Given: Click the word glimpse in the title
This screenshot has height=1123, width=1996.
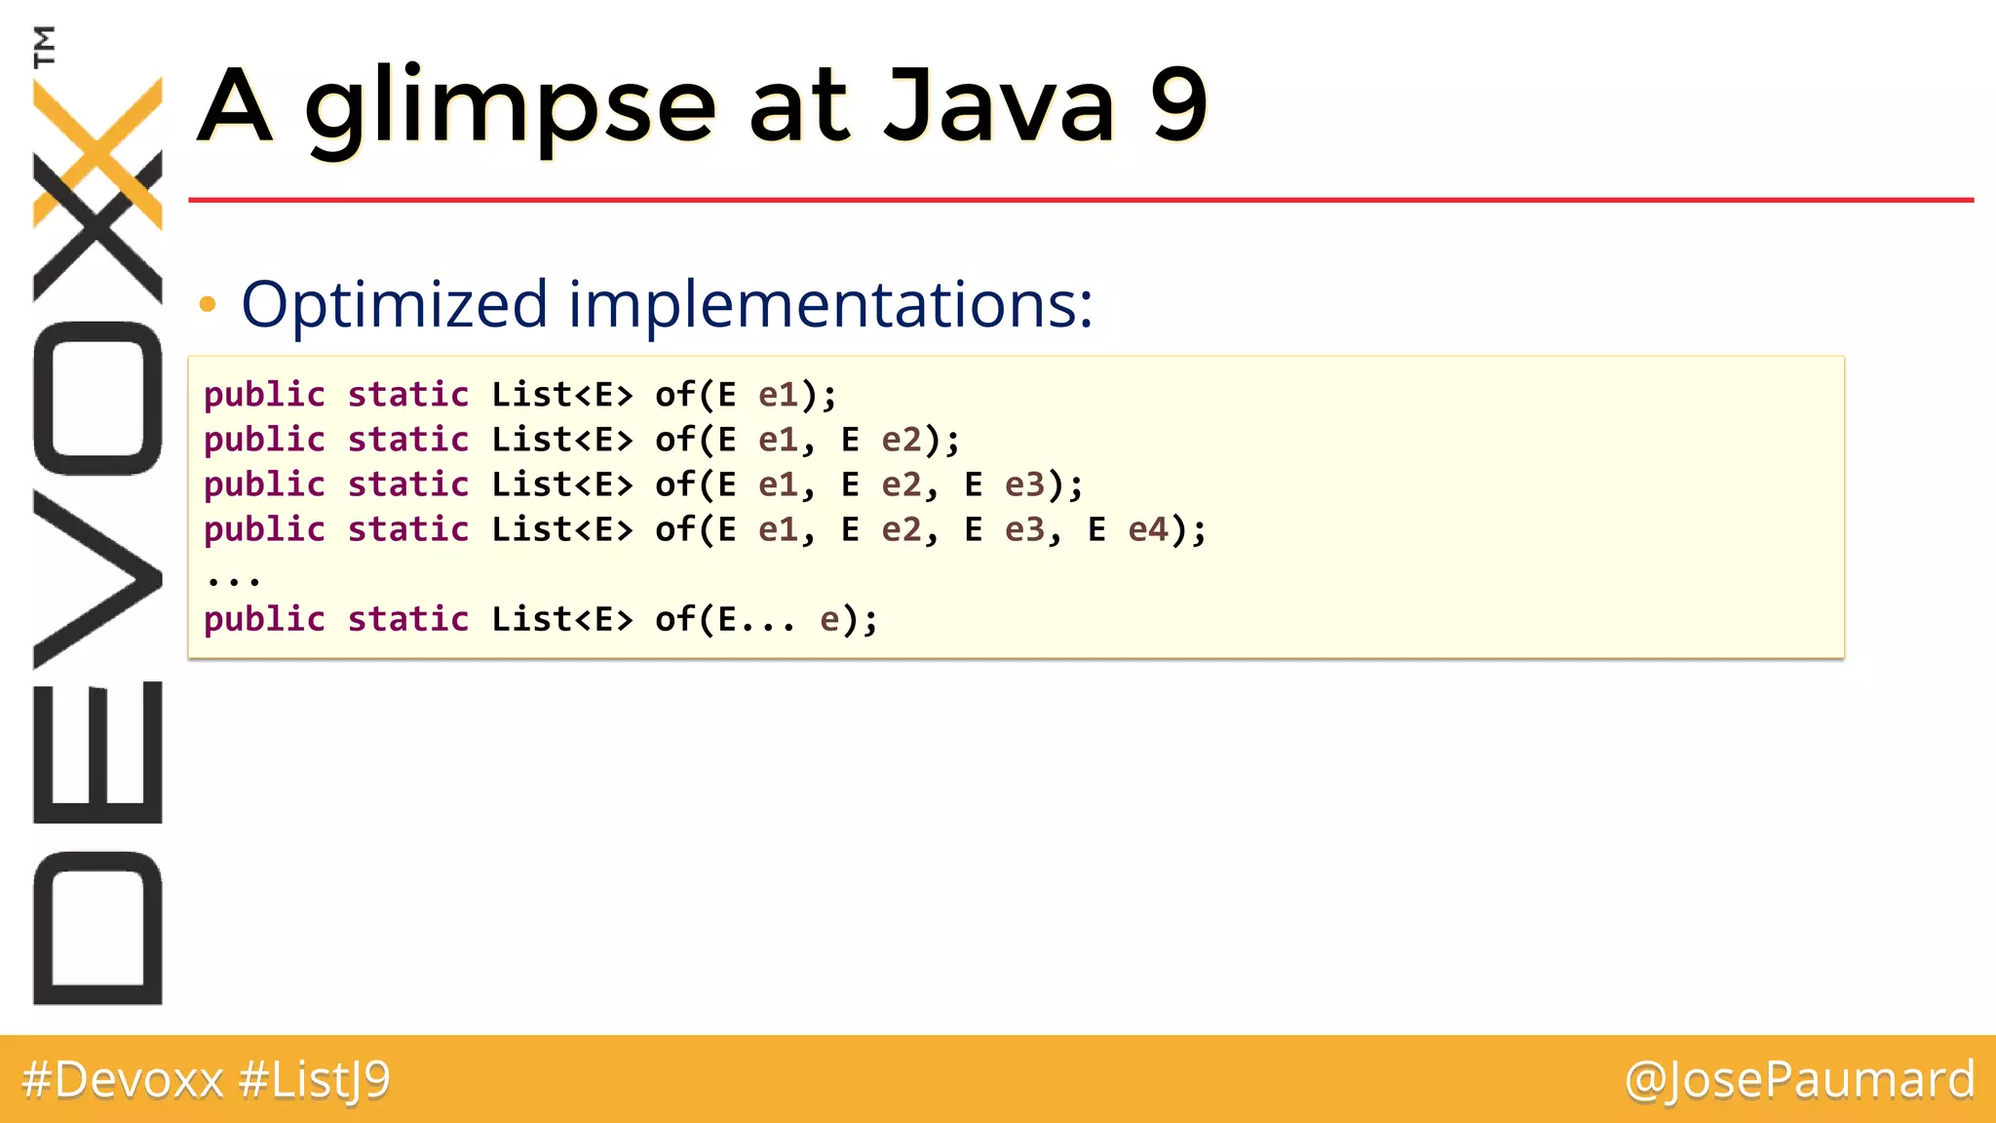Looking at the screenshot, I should (x=511, y=107).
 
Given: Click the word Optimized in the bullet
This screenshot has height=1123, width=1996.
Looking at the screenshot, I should (x=394, y=304).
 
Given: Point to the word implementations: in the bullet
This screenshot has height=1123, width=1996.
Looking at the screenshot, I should (x=830, y=304).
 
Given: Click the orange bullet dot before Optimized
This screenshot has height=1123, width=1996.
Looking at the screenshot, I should (x=207, y=305).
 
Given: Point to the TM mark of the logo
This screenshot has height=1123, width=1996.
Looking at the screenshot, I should (x=44, y=46).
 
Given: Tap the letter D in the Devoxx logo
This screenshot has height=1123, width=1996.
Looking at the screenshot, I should (x=97, y=927).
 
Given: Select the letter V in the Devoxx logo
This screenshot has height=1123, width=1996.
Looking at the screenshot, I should (x=97, y=579).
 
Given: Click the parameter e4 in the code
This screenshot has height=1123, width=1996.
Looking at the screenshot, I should (x=1148, y=529).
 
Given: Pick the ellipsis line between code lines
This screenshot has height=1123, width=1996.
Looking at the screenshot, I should (x=234, y=579).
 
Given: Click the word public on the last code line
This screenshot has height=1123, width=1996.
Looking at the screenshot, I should (x=264, y=619).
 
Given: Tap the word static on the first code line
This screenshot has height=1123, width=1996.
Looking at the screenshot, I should (x=408, y=395).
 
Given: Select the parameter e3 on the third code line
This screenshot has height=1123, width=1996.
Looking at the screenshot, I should (x=1025, y=484).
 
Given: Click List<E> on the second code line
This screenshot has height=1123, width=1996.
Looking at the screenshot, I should (x=561, y=440).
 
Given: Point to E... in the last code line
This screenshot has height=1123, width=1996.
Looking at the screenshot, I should (x=756, y=619).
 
